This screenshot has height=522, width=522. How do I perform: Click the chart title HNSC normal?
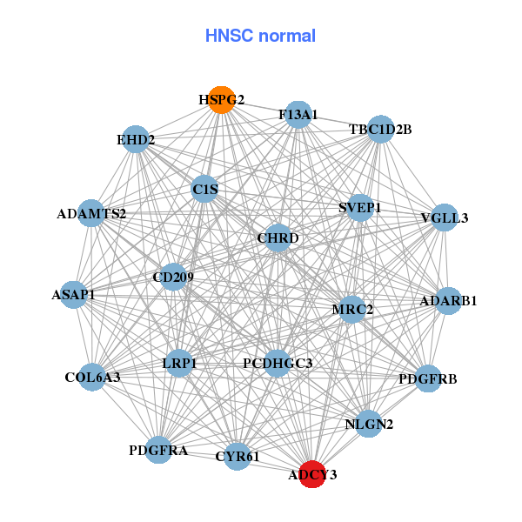[x=260, y=36]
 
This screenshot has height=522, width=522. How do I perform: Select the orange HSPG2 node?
[x=222, y=100]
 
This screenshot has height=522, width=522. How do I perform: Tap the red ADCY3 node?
[x=313, y=474]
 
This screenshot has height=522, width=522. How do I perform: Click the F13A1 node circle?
[x=298, y=115]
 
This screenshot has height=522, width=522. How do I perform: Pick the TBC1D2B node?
[x=380, y=130]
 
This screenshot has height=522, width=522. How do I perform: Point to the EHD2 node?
[x=136, y=139]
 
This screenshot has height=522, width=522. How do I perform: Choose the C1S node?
[x=204, y=189]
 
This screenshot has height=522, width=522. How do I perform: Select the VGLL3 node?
[x=443, y=217]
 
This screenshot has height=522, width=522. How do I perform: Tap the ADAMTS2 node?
[x=91, y=213]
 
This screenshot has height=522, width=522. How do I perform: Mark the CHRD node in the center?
[x=278, y=238]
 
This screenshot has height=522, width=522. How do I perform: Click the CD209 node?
[x=173, y=278]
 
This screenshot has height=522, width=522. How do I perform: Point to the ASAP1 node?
[x=74, y=295]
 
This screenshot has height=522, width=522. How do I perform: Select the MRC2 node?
[x=352, y=309]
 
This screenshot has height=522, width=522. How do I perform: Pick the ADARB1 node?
[x=447, y=301]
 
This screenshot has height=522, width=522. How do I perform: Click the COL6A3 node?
[x=92, y=378]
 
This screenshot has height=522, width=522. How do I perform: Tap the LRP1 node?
[x=179, y=363]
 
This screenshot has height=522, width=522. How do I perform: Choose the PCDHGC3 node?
[x=277, y=363]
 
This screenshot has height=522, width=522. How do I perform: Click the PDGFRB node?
[x=426, y=378]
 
